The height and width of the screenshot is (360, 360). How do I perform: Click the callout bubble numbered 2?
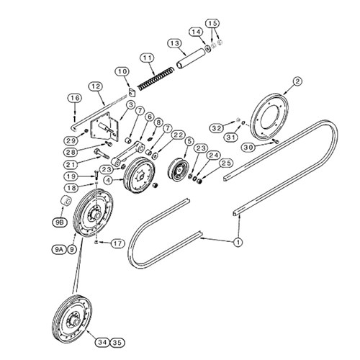(x=297, y=81)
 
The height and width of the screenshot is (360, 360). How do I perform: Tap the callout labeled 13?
(x=175, y=43)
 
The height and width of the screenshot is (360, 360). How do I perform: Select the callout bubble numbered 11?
(x=147, y=58)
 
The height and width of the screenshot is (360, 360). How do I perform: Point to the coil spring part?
(x=156, y=78)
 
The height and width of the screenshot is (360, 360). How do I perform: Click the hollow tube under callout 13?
(x=192, y=58)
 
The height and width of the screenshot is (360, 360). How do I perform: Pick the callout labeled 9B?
(x=60, y=222)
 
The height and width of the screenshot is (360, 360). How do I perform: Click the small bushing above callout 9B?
(x=65, y=201)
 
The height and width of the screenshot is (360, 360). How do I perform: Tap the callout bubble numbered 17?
(x=118, y=243)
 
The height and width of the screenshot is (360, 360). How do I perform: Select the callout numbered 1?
(x=238, y=242)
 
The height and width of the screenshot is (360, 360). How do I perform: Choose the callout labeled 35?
(x=117, y=343)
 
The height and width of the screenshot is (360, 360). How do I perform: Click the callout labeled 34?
(x=102, y=343)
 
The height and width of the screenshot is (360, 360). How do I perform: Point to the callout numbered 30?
(x=248, y=147)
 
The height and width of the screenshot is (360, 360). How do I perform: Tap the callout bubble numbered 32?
(x=216, y=128)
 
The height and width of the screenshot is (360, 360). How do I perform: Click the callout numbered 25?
(x=226, y=163)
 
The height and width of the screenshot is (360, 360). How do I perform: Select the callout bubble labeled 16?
(x=75, y=98)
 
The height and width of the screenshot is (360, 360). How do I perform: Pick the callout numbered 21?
(x=71, y=165)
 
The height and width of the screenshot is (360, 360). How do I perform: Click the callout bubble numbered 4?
(x=109, y=180)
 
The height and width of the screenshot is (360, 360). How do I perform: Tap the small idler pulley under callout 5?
(x=178, y=171)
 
